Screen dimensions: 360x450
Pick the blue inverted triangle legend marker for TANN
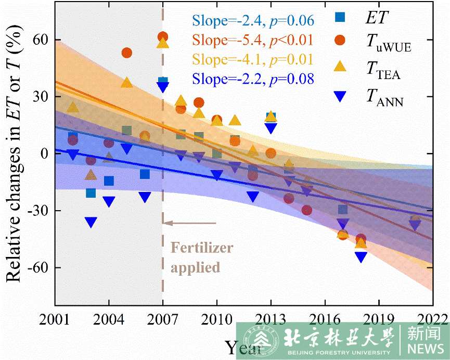pyautogui.click(x=339, y=96)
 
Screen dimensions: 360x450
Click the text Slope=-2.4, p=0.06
pyautogui.click(x=253, y=21)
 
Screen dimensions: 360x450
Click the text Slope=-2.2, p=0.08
pyautogui.click(x=253, y=79)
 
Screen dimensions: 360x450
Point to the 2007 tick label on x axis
pyautogui.click(x=162, y=318)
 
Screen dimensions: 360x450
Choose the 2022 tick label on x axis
pyautogui.click(x=432, y=318)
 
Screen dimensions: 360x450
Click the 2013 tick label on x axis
pyautogui.click(x=271, y=318)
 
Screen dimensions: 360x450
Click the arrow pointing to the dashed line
pyautogui.click(x=190, y=223)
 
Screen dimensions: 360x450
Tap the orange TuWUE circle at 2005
pyautogui.click(x=126, y=53)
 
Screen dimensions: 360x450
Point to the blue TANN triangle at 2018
pyautogui.click(x=361, y=257)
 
